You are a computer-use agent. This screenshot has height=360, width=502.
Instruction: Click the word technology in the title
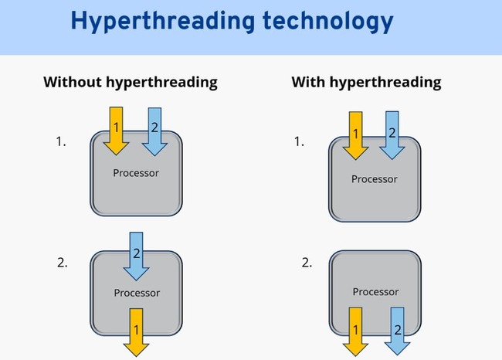(x=321, y=21)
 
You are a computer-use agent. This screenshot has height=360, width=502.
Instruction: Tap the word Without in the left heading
(x=72, y=81)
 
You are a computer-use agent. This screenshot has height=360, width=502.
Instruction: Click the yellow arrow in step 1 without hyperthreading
(x=115, y=130)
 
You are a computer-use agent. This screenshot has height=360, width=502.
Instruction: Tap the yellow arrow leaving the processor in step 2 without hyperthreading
(x=136, y=332)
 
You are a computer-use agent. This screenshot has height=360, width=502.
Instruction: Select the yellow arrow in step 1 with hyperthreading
(x=356, y=134)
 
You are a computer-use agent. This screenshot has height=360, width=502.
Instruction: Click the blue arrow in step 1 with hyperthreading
(x=392, y=134)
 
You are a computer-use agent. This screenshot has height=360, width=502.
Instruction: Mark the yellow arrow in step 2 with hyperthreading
(x=356, y=330)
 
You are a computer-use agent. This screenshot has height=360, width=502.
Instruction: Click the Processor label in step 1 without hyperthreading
(x=136, y=172)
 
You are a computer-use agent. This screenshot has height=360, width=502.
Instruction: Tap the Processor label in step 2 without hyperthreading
(x=137, y=293)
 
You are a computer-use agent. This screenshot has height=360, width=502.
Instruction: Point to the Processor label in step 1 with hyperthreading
(x=375, y=179)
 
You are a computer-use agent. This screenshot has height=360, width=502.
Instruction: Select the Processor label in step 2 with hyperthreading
(x=375, y=291)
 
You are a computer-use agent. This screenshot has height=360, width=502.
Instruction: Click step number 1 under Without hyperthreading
(x=61, y=141)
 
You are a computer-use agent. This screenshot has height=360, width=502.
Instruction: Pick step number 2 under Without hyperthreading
(x=62, y=263)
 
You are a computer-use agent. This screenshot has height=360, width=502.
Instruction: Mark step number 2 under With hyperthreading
(x=307, y=263)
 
